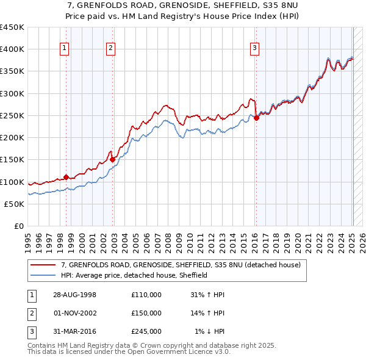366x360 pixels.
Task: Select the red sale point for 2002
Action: point(112,160)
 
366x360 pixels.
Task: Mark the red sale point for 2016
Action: point(257,118)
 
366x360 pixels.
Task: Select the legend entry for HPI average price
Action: point(134,275)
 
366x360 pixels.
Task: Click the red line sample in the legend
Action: point(43,265)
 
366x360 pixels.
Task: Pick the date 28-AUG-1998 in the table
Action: point(75,295)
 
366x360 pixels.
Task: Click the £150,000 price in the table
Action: point(146,313)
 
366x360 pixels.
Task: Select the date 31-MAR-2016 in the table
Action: point(75,331)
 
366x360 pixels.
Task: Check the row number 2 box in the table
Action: point(30,313)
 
